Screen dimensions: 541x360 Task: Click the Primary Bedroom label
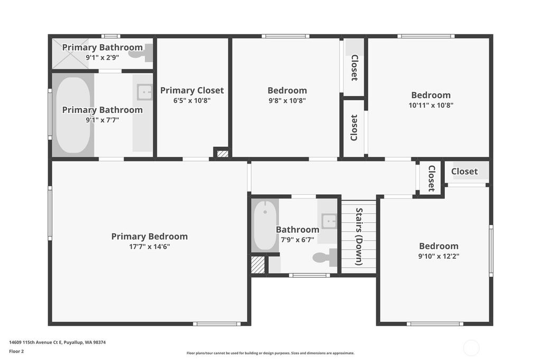pos(150,236)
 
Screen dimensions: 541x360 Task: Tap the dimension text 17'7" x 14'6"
pos(150,247)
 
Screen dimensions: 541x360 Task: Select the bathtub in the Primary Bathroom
pos(73,115)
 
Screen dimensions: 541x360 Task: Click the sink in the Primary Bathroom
pos(145,92)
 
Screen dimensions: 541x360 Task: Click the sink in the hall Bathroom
pos(329,221)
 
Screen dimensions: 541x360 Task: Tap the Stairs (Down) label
pos(359,236)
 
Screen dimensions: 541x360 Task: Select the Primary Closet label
pos(192,90)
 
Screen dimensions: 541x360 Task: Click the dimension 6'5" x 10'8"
pos(192,101)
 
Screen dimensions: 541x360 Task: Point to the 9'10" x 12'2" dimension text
pos(439,256)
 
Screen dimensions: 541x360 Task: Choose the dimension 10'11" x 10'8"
pos(431,105)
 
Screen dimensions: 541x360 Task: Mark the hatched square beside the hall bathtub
pos(257,264)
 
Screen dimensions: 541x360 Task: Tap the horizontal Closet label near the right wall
pos(464,172)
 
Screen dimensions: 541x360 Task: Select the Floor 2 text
pos(16,352)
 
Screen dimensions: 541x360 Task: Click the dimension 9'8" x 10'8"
pos(287,101)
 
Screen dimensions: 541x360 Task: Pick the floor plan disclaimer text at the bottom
pos(270,353)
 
